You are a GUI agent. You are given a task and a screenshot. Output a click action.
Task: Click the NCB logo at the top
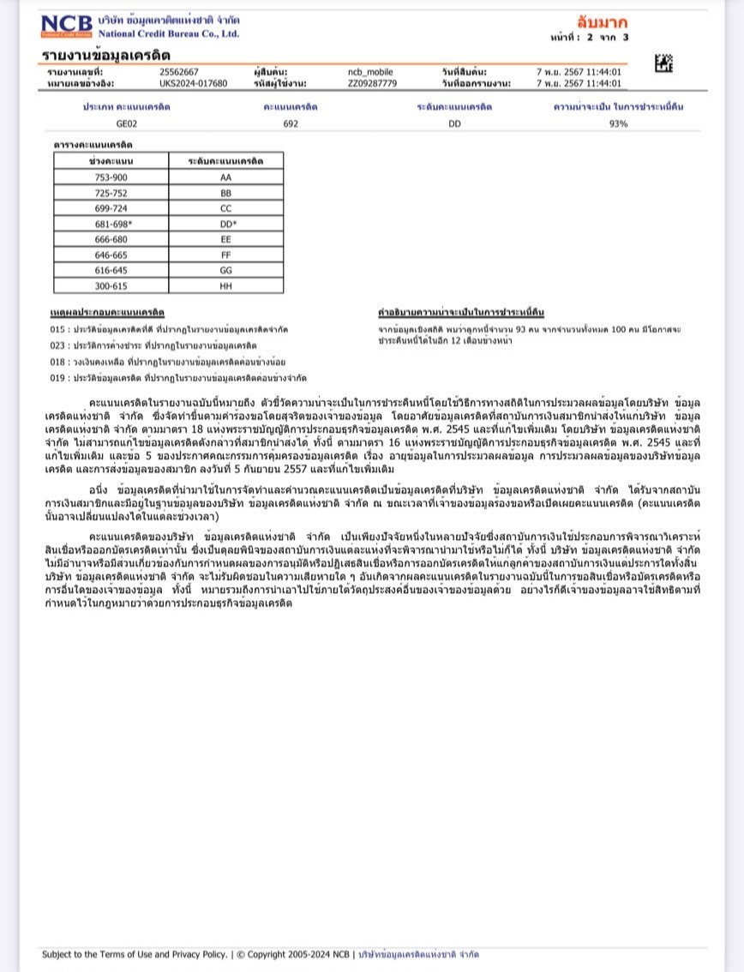click(67, 27)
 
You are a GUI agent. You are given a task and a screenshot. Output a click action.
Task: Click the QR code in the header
click(663, 63)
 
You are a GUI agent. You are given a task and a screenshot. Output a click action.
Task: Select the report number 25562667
click(179, 72)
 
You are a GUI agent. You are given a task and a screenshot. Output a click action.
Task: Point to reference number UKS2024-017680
click(194, 83)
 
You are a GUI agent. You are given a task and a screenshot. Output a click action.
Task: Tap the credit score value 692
click(291, 123)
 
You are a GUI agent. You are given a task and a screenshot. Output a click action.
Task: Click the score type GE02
click(127, 123)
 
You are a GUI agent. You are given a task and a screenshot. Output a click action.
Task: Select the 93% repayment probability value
click(618, 123)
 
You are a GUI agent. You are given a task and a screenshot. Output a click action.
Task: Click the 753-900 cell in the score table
click(111, 177)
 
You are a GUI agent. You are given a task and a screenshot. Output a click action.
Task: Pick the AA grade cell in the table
click(226, 177)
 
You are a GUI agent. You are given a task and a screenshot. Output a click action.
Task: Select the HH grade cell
click(226, 285)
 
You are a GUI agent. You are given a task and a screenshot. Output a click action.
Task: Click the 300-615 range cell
click(111, 285)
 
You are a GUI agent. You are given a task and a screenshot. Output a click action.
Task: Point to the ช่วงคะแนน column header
click(111, 161)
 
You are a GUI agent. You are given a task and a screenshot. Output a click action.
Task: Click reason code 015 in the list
click(57, 329)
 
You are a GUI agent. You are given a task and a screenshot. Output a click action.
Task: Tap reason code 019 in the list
click(57, 378)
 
